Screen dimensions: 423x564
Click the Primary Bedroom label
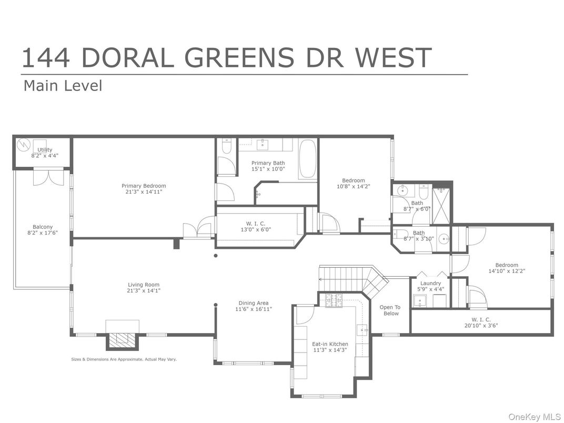pos(144,186)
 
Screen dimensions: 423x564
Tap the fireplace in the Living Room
pos(123,340)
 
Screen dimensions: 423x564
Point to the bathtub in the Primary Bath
pos(308,159)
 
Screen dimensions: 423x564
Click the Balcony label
pos(43,227)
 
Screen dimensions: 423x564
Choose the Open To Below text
pos(390,310)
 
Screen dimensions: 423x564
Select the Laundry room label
pos(430,284)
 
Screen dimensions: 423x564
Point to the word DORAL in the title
pos(127,58)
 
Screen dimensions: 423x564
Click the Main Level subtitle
pos(63,86)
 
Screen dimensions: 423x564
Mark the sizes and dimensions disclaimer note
pos(124,359)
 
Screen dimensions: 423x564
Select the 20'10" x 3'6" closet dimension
pos(480,326)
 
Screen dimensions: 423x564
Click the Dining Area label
pos(254,303)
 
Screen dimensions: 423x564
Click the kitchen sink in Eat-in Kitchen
pos(362,330)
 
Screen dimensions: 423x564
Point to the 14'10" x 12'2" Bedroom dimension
pos(506,271)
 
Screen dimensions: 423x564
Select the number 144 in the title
pos(46,58)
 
